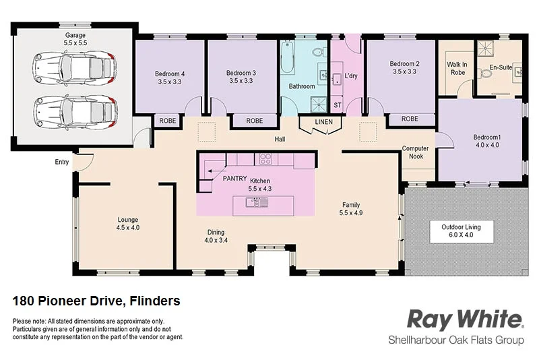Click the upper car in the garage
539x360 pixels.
tap(74, 67)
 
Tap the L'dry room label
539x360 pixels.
tap(350, 76)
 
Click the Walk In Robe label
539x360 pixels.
tap(457, 68)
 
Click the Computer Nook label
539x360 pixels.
tap(416, 152)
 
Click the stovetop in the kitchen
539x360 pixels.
tap(265, 160)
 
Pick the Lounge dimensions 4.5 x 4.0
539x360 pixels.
tap(128, 228)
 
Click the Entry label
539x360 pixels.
tap(62, 162)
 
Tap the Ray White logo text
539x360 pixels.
tap(465, 319)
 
